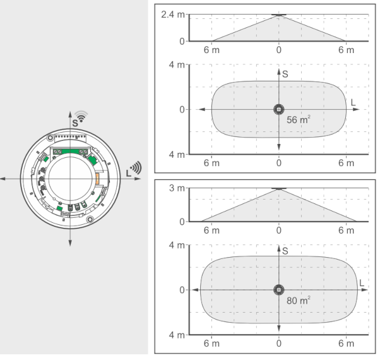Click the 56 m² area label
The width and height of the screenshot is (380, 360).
coord(299,119)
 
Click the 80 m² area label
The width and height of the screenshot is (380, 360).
coord(299,301)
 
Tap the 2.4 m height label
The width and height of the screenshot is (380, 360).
coord(173,15)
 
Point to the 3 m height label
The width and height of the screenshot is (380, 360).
coord(177,188)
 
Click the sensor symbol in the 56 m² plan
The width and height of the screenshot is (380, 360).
coord(279,109)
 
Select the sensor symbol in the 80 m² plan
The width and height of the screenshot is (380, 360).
coord(279,290)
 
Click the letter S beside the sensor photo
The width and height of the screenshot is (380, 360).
coord(75,123)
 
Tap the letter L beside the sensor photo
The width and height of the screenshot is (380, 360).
coord(128,173)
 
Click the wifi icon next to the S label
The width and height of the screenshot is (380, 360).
coord(81,116)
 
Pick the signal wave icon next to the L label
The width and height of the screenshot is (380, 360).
coord(136,167)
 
